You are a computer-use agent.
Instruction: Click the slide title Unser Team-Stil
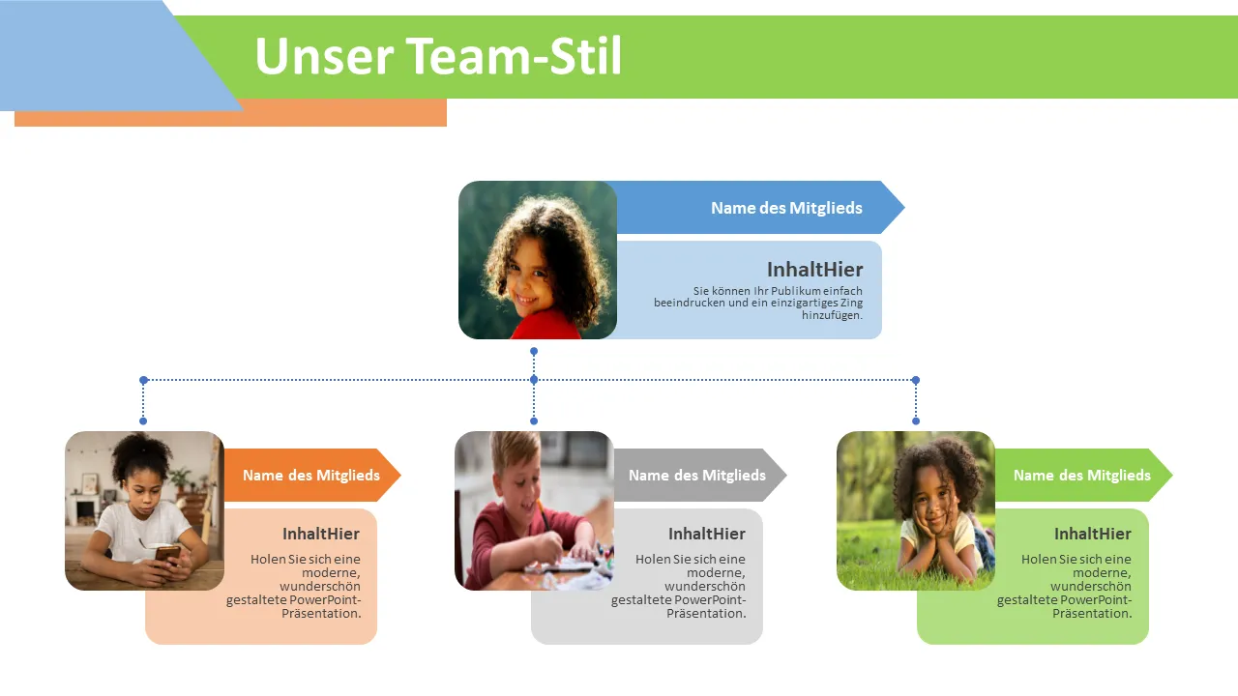tap(437, 56)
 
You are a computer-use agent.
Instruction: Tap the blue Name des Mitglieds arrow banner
tap(785, 208)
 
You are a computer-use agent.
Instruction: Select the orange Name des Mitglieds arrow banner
tap(310, 475)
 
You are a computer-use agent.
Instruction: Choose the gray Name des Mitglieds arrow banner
tap(696, 475)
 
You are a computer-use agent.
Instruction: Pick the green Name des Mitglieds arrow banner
tap(1081, 475)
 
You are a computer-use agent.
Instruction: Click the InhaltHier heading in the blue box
tap(814, 270)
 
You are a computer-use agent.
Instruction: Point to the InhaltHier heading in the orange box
tap(320, 534)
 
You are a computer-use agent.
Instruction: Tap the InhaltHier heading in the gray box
tap(706, 534)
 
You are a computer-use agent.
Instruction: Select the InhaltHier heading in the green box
tap(1092, 534)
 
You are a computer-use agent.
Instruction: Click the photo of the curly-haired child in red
tap(538, 260)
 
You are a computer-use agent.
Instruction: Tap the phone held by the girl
tap(167, 553)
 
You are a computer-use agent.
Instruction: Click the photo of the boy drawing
tap(534, 510)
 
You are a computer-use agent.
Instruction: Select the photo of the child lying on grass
tap(915, 510)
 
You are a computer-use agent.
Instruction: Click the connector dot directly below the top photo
tap(534, 351)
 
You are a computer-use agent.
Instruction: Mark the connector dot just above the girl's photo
tap(143, 420)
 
